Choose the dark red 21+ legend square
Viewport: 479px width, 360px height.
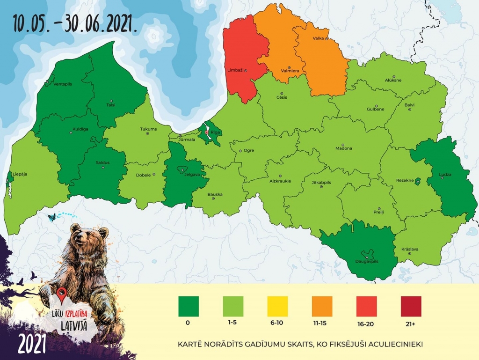click(411, 306)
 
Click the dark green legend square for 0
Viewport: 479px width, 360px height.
click(189, 306)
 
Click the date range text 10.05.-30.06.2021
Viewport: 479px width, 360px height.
click(75, 23)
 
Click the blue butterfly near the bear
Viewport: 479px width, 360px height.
click(52, 217)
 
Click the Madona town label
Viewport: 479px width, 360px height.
click(344, 148)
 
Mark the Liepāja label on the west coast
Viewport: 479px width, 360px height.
click(20, 174)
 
